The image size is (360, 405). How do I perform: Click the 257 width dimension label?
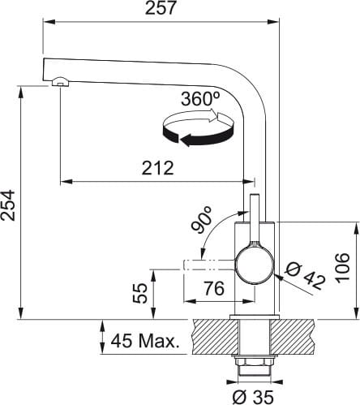(161, 8)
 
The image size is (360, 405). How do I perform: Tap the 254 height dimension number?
(8, 205)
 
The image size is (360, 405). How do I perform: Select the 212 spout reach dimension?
(158, 168)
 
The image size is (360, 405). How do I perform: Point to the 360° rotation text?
(200, 98)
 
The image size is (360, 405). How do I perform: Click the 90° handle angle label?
(201, 219)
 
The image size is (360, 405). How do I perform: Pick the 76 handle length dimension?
(214, 288)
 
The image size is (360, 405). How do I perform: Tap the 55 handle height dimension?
(140, 293)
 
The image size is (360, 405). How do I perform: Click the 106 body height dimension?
(342, 268)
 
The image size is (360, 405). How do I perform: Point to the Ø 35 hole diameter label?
(253, 397)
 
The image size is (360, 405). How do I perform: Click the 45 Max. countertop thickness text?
(145, 342)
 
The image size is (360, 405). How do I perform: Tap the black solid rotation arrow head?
(186, 140)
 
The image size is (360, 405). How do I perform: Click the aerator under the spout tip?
(60, 82)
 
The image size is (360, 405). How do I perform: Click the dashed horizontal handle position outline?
(209, 265)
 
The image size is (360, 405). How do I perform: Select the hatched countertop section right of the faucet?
(293, 337)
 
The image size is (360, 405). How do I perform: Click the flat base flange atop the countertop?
(255, 317)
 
